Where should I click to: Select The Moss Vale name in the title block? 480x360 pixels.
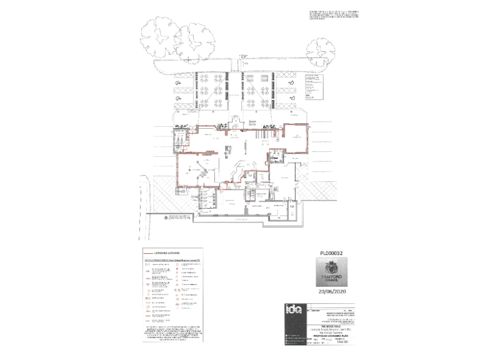pos(332,326)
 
